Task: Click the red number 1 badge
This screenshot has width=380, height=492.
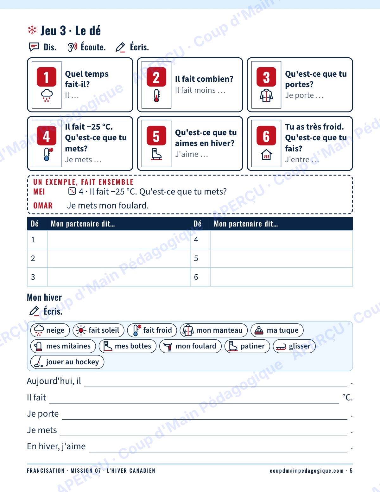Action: pyautogui.click(x=47, y=77)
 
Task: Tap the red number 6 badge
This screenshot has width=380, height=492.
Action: pyautogui.click(x=266, y=135)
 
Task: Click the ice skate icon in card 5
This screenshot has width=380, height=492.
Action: pyautogui.click(x=156, y=154)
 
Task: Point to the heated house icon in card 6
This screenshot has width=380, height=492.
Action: pyautogui.click(x=266, y=155)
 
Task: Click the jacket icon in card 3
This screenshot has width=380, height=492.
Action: pyautogui.click(x=266, y=95)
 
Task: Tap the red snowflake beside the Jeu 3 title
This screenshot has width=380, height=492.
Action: pyautogui.click(x=32, y=30)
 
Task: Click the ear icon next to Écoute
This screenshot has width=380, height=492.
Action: pyautogui.click(x=73, y=47)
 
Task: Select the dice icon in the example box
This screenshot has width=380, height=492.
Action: pyautogui.click(x=72, y=191)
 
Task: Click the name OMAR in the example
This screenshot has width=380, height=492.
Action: pyautogui.click(x=43, y=206)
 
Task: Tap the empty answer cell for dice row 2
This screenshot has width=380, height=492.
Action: pyautogui.click(x=119, y=258)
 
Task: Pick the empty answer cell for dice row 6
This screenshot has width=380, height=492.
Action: pyautogui.click(x=281, y=277)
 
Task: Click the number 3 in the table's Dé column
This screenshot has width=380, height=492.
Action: pyautogui.click(x=33, y=277)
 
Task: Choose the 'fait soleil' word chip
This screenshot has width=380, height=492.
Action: pyautogui.click(x=98, y=330)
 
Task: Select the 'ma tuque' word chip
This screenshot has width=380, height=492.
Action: pyautogui.click(x=277, y=330)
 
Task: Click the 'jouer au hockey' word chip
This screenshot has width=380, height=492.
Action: pyautogui.click(x=67, y=362)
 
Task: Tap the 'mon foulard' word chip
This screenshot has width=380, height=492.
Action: pyautogui.click(x=190, y=346)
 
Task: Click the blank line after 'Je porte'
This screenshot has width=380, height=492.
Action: pyautogui.click(x=205, y=419)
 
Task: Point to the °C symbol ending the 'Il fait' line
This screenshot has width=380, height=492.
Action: pyautogui.click(x=347, y=397)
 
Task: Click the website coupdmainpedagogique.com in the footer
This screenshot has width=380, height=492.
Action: pyautogui.click(x=307, y=471)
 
